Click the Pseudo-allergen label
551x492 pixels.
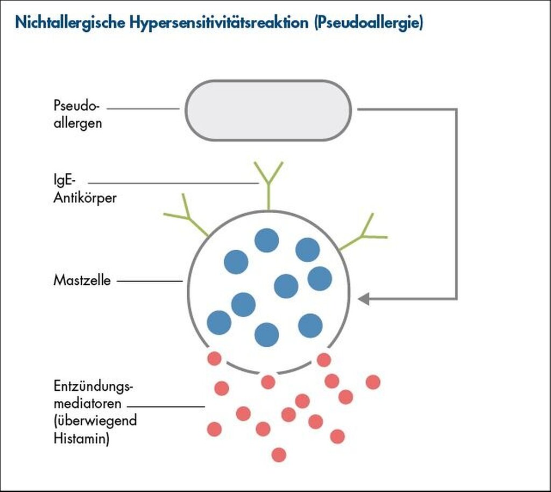pyautogui.click(x=77, y=114)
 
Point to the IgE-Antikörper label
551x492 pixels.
pyautogui.click(x=84, y=189)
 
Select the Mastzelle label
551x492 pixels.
pyautogui.click(x=82, y=280)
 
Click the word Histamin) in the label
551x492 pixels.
pyautogui.click(x=81, y=438)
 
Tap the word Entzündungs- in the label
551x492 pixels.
pyautogui.click(x=93, y=386)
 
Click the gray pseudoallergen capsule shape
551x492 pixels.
pyautogui.click(x=268, y=110)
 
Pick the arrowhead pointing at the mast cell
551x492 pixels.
pyautogui.click(x=364, y=298)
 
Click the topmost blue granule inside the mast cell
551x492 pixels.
pyautogui.click(x=266, y=240)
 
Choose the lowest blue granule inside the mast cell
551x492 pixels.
pyautogui.click(x=266, y=334)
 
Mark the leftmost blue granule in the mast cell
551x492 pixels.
pyautogui.click(x=219, y=322)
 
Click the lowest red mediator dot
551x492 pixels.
pyautogui.click(x=279, y=454)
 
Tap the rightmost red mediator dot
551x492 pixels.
pyautogui.click(x=373, y=382)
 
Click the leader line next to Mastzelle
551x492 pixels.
pyautogui.click(x=150, y=281)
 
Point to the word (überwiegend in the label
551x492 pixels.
pyautogui.click(x=95, y=421)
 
